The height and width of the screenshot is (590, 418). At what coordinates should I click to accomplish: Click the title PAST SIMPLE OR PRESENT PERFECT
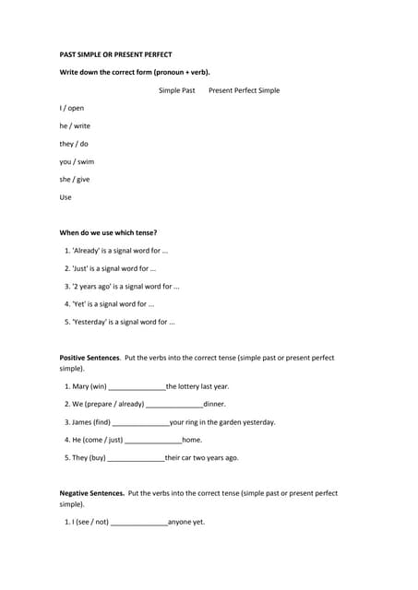click(x=115, y=54)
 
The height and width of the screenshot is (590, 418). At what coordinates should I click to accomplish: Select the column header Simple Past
click(x=176, y=90)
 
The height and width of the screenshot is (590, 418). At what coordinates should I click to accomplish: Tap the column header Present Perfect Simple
click(x=244, y=90)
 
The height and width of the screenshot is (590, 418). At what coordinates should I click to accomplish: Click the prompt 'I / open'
click(x=72, y=108)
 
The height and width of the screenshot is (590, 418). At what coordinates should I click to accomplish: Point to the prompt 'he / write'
click(x=75, y=125)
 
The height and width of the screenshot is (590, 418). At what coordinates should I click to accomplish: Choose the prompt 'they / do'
click(x=74, y=144)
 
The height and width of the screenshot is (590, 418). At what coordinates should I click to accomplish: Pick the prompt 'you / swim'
click(x=77, y=161)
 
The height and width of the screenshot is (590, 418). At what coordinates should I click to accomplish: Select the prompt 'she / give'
click(x=75, y=179)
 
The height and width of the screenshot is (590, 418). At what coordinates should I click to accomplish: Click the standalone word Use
click(x=66, y=196)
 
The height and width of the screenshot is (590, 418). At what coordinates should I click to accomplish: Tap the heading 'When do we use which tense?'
click(x=108, y=232)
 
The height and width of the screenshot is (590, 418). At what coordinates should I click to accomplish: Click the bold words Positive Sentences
click(x=90, y=358)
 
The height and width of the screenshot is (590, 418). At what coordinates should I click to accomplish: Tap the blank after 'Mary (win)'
click(x=137, y=387)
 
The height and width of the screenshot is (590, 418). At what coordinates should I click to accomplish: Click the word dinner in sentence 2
click(x=214, y=404)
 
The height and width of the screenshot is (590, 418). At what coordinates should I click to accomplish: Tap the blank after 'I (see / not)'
click(x=138, y=523)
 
